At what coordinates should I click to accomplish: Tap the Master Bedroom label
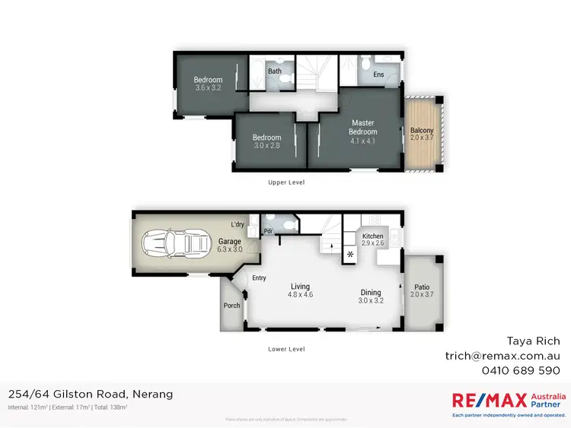[x=362, y=127]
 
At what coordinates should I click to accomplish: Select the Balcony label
[x=422, y=130]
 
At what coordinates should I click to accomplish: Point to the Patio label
[x=421, y=287]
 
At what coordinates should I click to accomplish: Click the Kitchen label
[x=372, y=236]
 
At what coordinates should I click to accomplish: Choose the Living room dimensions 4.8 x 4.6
[x=301, y=293]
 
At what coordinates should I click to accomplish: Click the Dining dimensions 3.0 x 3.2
[x=370, y=300]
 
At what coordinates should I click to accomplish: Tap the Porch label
[x=231, y=306]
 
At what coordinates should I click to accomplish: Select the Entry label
[x=260, y=278]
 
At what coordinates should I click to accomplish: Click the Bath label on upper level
[x=274, y=71]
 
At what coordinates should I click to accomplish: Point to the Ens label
[x=378, y=75]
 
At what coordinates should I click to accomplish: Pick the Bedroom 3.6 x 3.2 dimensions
[x=208, y=88]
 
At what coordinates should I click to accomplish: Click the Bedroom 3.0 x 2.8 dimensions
[x=267, y=146]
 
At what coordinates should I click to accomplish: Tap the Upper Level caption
[x=286, y=182]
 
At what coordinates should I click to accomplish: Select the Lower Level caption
[x=286, y=349]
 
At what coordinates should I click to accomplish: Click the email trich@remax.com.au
[x=502, y=355]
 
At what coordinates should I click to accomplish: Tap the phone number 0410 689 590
[x=522, y=370]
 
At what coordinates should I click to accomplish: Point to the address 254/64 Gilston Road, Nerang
[x=90, y=394]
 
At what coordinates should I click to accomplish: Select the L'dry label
[x=238, y=224]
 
